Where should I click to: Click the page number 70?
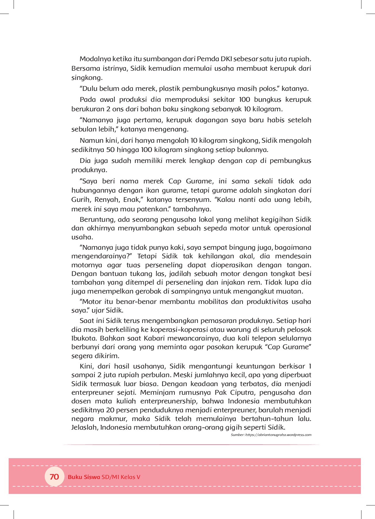click(x=54, y=477)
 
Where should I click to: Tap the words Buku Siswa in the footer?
click(x=84, y=477)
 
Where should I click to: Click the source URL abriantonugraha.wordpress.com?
click(x=278, y=435)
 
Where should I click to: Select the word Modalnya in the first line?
click(x=95, y=59)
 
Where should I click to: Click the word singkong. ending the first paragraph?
click(x=87, y=78)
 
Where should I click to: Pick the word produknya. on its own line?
click(x=89, y=170)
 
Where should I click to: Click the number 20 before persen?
click(x=110, y=410)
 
